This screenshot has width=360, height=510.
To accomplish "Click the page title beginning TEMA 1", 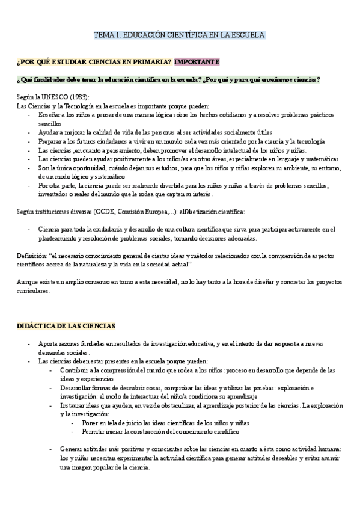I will pyautogui.click(x=179, y=35).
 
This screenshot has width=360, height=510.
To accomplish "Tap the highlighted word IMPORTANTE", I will pyautogui.click(x=197, y=62).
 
